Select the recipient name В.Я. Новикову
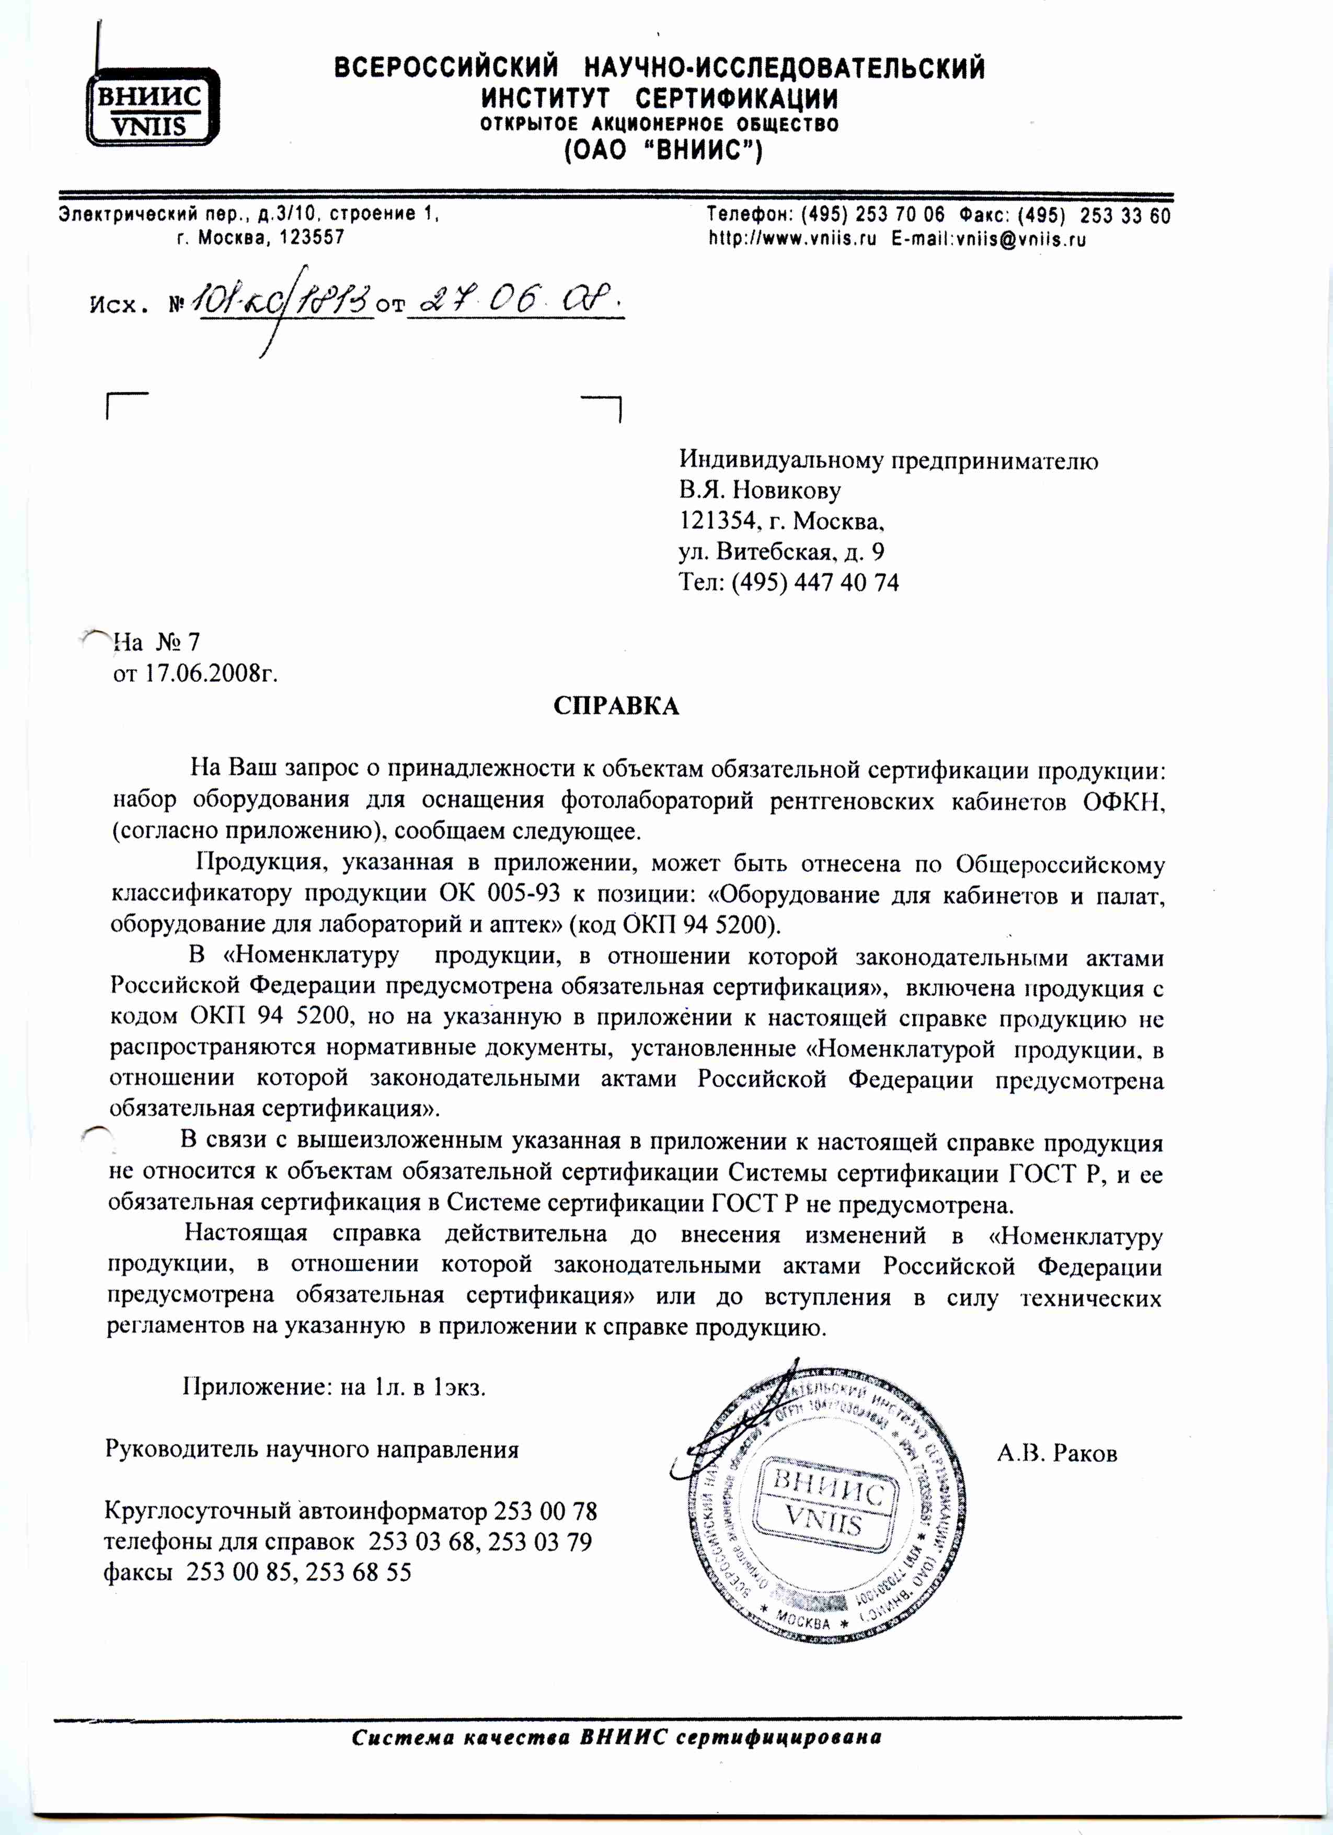click(760, 491)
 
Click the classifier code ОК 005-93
click(499, 894)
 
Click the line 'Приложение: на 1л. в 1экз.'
click(334, 1387)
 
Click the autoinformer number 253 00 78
click(545, 1511)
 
